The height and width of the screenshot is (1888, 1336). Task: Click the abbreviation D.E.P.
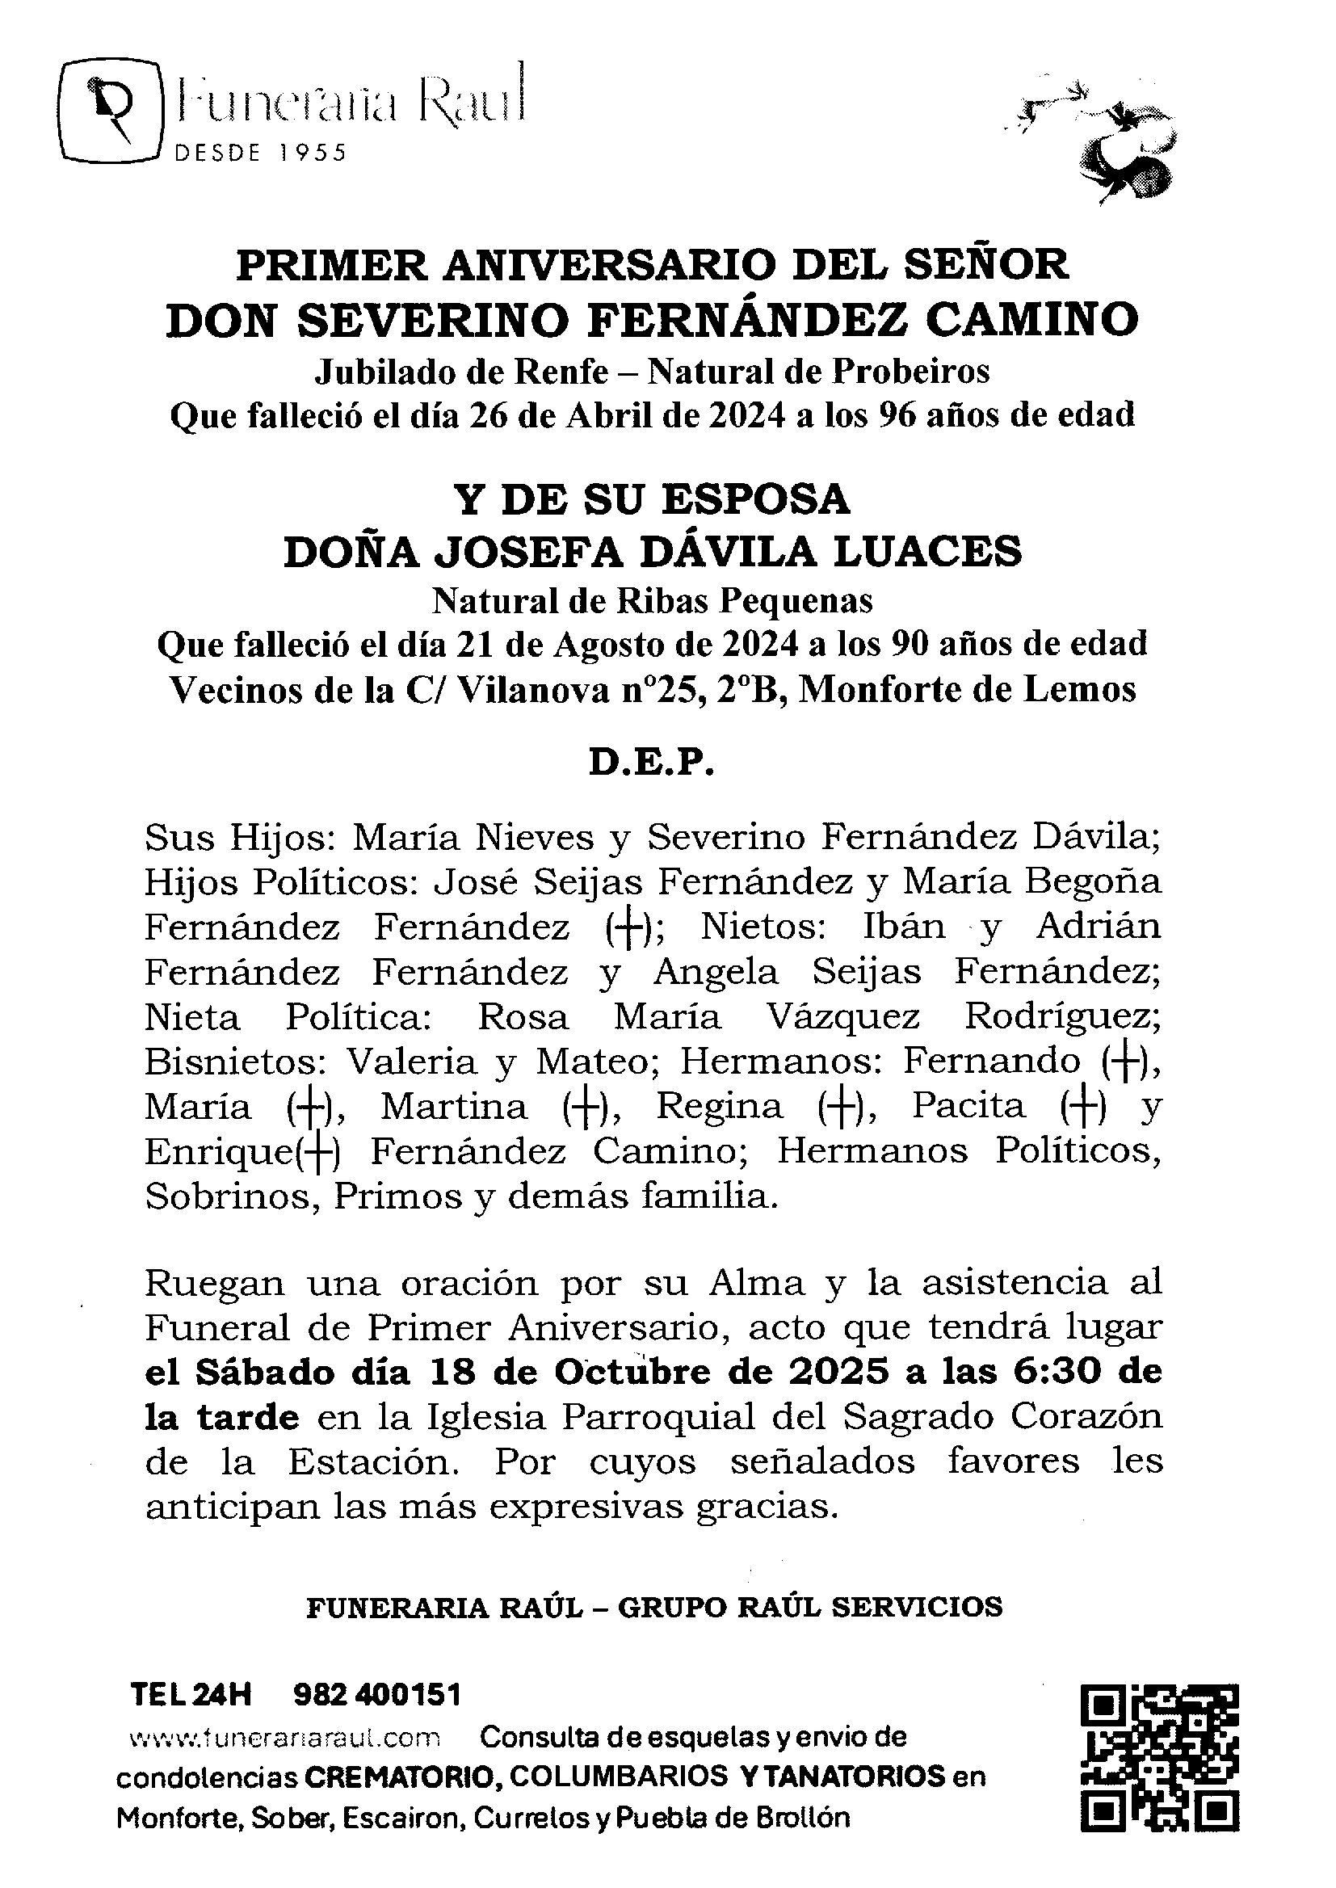[652, 763]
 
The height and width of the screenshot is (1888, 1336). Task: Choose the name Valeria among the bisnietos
[411, 1062]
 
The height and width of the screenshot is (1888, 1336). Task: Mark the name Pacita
[968, 1106]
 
